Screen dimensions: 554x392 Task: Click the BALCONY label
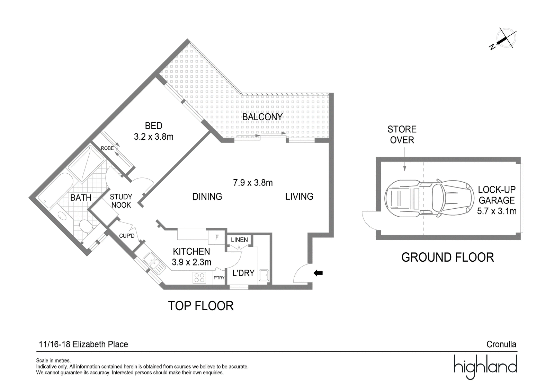pos(262,117)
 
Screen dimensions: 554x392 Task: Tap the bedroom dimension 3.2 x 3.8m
pos(154,137)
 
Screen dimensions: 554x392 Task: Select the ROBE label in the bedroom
pos(107,148)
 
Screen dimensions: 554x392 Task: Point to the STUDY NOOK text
pos(121,201)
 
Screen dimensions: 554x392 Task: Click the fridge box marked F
pos(217,237)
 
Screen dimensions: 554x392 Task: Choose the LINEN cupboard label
pos(239,240)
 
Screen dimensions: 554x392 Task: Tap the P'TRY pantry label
pos(219,278)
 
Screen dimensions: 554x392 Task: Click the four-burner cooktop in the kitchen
pos(199,277)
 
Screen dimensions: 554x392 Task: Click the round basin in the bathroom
pos(61,215)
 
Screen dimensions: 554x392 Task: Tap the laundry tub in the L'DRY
pos(264,275)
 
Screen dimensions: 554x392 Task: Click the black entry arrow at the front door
pos(318,273)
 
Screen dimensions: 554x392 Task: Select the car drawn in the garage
pos(429,198)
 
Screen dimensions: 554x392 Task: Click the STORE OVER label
pos(402,134)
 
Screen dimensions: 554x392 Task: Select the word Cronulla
pos(501,344)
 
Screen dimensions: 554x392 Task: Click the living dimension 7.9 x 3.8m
pos(253,183)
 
